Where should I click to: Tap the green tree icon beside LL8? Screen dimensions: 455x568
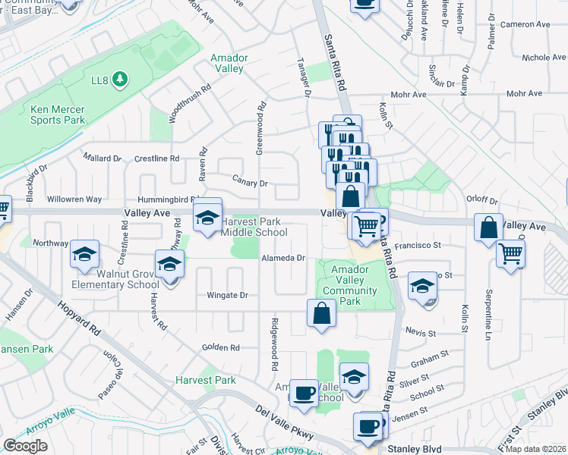(118, 79)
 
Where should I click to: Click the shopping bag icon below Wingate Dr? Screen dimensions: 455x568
(321, 312)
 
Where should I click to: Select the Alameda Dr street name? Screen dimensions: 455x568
(283, 258)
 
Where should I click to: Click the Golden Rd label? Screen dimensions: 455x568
(220, 347)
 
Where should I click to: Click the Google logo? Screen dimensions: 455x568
(25, 446)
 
